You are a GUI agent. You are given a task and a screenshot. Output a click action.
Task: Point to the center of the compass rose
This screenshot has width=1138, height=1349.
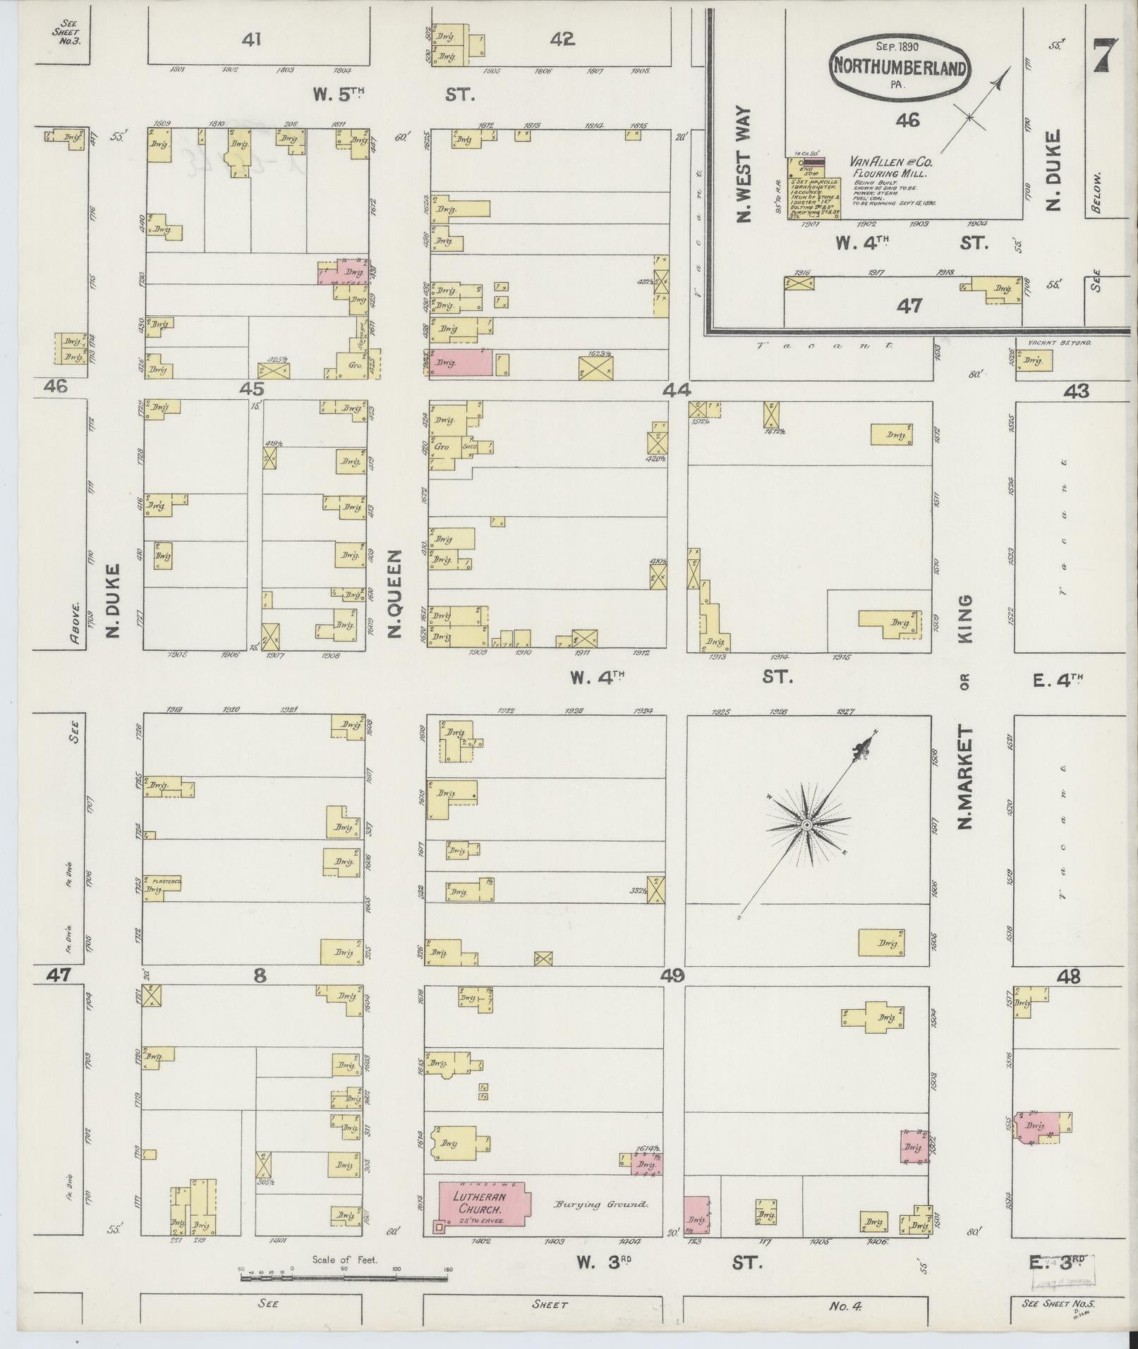point(806,824)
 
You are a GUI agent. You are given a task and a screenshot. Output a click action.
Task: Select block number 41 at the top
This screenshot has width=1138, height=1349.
point(251,40)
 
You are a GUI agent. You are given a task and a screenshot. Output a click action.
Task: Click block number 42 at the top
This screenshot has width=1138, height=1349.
point(562,40)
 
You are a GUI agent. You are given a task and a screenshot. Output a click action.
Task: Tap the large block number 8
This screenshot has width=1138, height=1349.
point(260,976)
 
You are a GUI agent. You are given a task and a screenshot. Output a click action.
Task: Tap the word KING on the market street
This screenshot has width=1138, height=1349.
point(965,618)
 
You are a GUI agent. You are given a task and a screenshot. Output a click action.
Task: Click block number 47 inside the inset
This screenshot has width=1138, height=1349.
point(909,305)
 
